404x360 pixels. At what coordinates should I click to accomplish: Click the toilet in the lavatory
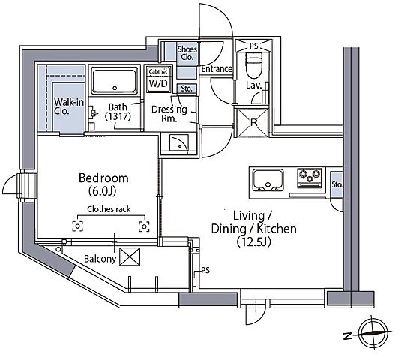(x=253, y=65)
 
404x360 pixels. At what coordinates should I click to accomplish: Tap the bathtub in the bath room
(x=115, y=81)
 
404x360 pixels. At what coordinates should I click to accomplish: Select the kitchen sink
(x=268, y=180)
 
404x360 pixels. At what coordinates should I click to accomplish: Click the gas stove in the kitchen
(x=310, y=178)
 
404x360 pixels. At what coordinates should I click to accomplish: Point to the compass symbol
(x=373, y=333)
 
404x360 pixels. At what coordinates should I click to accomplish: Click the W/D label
(x=158, y=83)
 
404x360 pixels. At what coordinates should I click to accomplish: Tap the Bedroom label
(x=103, y=178)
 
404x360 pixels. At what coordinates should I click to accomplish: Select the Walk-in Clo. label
(x=69, y=106)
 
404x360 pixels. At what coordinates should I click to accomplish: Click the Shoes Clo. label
(x=187, y=52)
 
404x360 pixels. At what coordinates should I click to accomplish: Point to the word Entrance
(x=217, y=69)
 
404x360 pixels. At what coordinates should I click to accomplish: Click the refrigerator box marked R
(x=253, y=122)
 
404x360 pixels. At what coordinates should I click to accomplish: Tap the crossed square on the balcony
(x=130, y=256)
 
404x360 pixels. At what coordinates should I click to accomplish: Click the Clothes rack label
(x=109, y=209)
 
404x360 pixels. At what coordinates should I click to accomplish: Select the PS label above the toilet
(x=253, y=46)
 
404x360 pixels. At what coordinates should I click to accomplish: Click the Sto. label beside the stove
(x=337, y=184)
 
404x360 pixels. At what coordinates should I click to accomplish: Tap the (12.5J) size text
(x=253, y=242)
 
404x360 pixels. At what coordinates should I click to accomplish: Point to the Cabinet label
(x=158, y=71)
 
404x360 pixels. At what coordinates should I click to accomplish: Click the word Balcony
(x=100, y=259)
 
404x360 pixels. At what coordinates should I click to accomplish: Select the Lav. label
(x=254, y=85)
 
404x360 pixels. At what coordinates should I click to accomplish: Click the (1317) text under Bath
(x=118, y=116)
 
